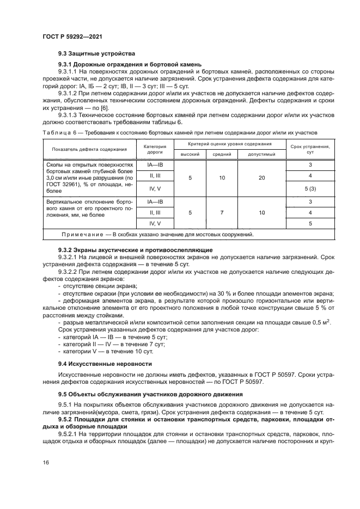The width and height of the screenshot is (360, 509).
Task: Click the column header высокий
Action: (x=190, y=155)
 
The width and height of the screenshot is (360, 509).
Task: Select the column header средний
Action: (x=222, y=155)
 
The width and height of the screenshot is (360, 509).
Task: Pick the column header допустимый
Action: (x=261, y=155)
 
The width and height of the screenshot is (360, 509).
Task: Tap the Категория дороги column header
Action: (x=154, y=150)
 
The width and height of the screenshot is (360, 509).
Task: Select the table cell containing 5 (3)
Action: (x=310, y=188)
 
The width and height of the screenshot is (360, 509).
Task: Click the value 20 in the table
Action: (x=261, y=177)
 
